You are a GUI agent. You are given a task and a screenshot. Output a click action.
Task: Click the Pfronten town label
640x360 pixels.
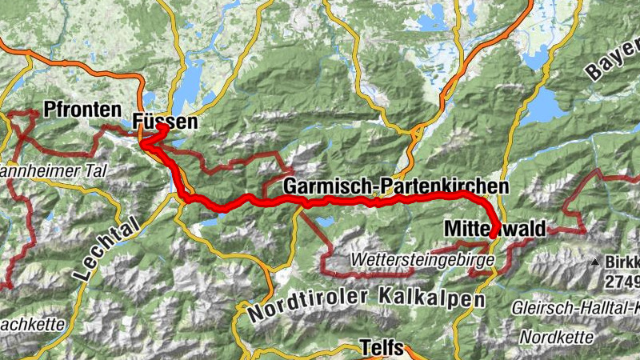[x=83, y=110]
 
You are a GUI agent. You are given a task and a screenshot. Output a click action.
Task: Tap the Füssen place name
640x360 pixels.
[x=164, y=122]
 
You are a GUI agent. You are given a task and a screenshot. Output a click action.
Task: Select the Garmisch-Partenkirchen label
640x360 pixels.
[x=395, y=186]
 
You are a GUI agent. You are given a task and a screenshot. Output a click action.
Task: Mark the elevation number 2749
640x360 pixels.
[x=622, y=282]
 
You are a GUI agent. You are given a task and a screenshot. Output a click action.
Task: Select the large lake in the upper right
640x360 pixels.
[x=546, y=104]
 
